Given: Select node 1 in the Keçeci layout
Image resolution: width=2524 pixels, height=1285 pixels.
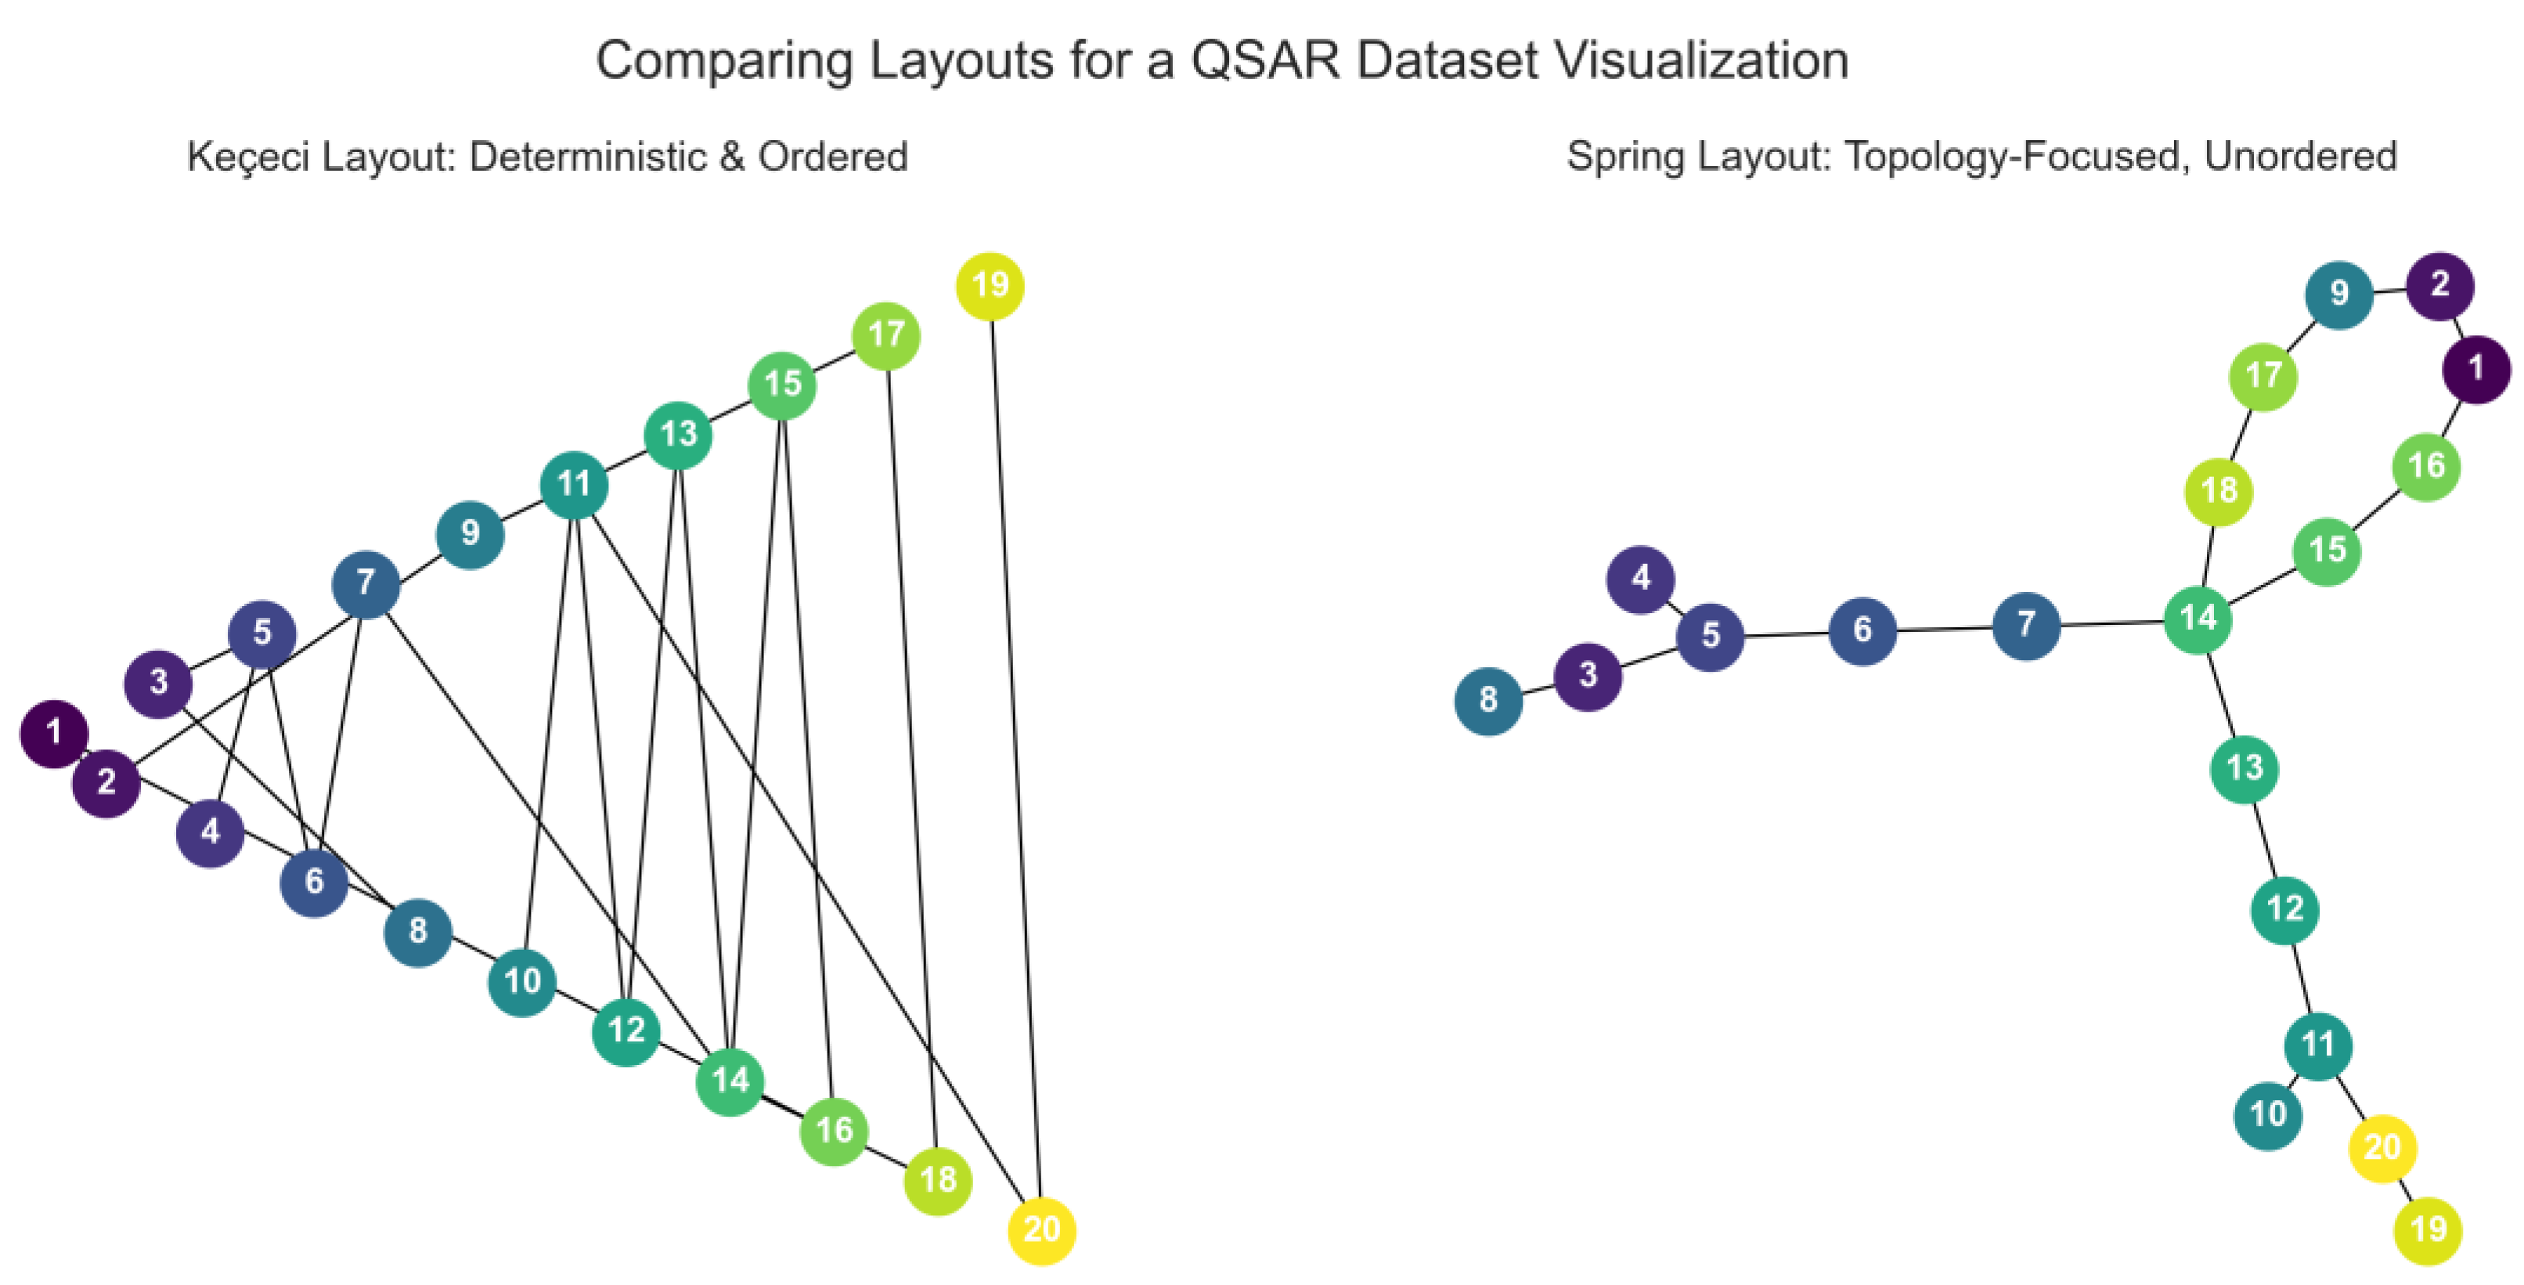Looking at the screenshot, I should tap(55, 733).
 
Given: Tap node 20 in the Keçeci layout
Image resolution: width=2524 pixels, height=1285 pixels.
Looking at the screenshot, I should tap(1041, 1230).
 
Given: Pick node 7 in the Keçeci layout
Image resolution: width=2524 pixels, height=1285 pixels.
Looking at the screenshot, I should tap(366, 584).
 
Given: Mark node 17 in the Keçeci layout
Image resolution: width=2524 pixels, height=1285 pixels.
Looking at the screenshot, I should tap(885, 336).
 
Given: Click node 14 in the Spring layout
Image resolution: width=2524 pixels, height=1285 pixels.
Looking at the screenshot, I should tap(2198, 619).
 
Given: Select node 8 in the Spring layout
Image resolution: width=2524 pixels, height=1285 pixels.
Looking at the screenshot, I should tap(1488, 701).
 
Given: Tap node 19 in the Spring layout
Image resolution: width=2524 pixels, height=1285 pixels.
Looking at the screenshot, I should tap(2428, 1230).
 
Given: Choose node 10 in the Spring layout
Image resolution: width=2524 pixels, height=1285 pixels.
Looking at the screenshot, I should tap(2268, 1115).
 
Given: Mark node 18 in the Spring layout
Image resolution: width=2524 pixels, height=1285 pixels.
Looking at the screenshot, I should tap(2219, 491).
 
